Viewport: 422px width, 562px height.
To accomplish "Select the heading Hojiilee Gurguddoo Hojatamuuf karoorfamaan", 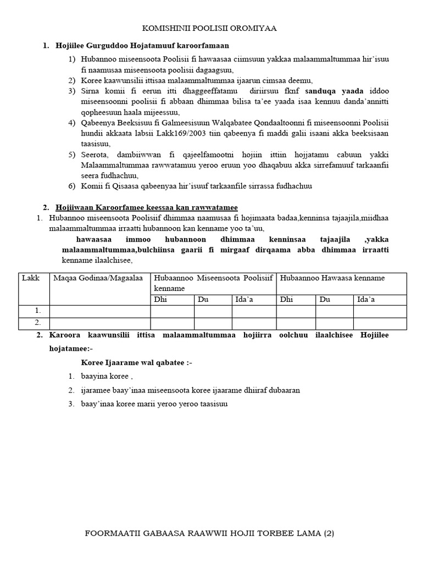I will click(142, 46).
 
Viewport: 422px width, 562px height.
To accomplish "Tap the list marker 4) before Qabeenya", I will click(71, 122).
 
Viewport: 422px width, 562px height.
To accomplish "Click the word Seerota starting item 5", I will click(95, 154).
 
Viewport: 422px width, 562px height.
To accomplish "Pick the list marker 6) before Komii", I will click(71, 186).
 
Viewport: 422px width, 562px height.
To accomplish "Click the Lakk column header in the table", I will click(28, 278).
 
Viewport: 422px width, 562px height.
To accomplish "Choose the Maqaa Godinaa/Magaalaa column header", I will click(98, 278).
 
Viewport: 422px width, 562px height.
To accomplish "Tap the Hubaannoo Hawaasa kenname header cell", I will click(332, 278).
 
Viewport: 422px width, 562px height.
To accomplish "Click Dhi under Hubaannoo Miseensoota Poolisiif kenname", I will click(160, 299).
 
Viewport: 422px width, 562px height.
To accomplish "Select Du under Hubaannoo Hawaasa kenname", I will click(325, 299).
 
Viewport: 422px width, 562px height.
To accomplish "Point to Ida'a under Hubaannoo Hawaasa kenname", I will click(366, 299).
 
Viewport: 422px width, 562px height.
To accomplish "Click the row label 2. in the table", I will click(37, 322).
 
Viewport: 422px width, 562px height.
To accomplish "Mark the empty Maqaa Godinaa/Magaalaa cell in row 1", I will click(100, 311).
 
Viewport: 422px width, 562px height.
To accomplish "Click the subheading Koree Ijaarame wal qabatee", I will click(136, 363).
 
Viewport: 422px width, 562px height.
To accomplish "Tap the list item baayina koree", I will click(107, 376).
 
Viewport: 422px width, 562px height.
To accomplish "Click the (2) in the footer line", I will click(329, 533).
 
